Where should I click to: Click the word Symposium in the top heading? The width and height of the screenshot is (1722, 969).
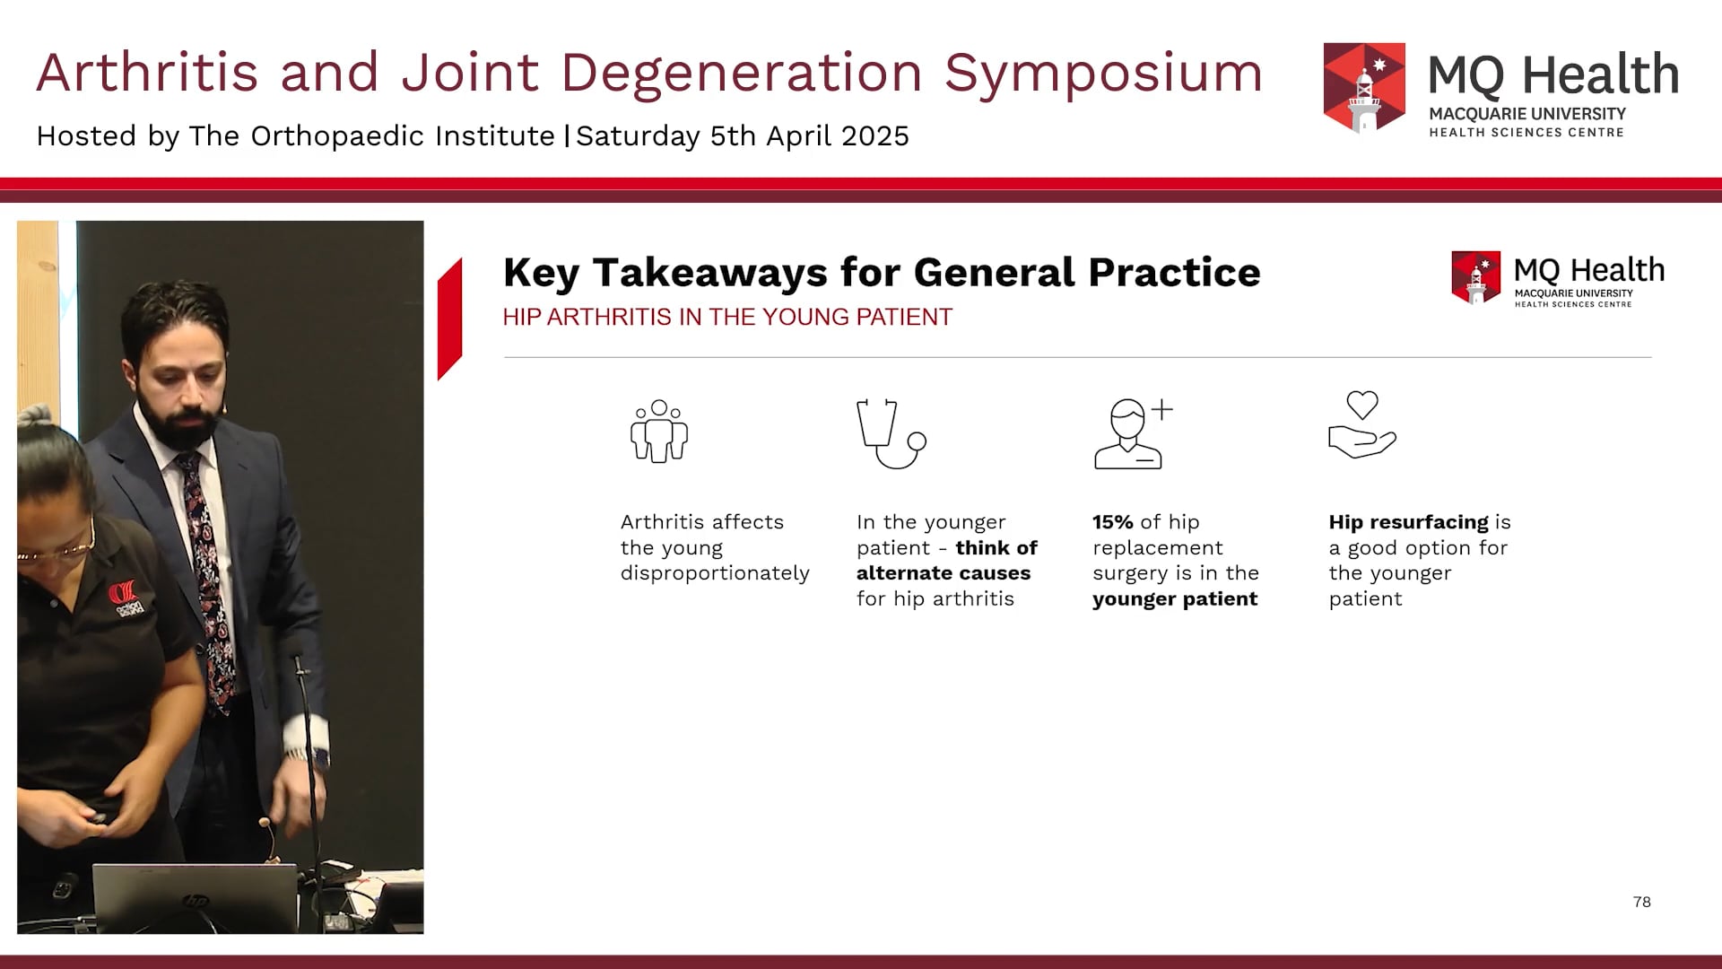tap(1103, 74)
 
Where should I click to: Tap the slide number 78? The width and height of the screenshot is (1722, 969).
tap(1641, 902)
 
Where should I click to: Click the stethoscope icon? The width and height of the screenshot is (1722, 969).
tap(890, 433)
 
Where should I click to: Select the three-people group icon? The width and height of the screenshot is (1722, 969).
tap(659, 432)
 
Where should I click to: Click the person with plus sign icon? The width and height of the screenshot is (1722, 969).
tap(1132, 433)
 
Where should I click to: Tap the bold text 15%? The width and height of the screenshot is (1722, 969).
tap(1112, 522)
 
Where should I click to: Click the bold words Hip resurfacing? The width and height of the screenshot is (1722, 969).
tap(1408, 522)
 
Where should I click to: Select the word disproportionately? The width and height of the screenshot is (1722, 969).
tap(715, 573)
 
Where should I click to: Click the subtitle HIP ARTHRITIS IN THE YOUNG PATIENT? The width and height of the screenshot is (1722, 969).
tap(726, 318)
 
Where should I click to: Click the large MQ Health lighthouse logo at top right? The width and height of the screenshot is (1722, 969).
tap(1364, 88)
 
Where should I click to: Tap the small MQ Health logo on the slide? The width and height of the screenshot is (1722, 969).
tap(1475, 277)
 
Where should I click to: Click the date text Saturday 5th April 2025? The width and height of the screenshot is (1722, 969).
tap(743, 136)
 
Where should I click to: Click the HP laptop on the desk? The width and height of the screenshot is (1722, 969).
tap(195, 897)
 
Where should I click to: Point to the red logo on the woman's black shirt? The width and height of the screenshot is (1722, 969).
tap(123, 597)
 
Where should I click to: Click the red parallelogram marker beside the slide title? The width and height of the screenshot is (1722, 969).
tap(449, 319)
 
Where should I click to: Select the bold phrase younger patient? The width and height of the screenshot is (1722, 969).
tap(1175, 599)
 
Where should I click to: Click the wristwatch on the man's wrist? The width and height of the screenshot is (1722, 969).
tap(296, 755)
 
